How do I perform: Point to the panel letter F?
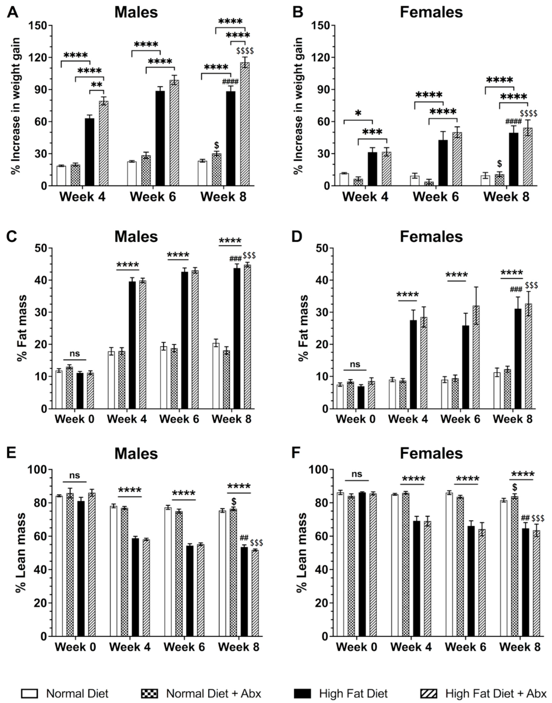(x=296, y=453)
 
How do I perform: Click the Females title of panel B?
(x=431, y=12)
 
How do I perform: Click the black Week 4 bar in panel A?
(x=89, y=152)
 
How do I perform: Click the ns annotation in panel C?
(x=75, y=353)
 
